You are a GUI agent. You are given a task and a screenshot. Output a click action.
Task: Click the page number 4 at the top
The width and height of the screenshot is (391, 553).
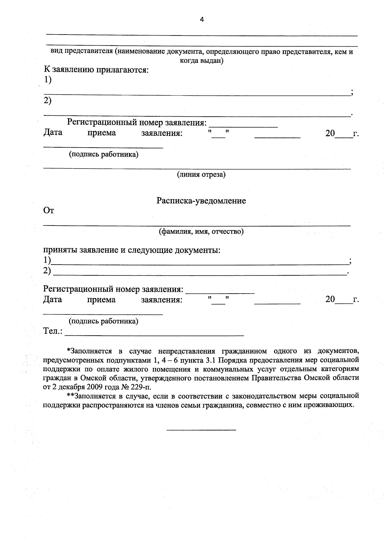pos(202,20)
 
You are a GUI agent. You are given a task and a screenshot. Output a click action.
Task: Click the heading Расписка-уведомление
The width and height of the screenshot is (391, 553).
pos(201,201)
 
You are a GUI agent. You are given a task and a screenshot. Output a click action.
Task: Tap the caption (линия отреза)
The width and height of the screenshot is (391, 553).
pos(201,175)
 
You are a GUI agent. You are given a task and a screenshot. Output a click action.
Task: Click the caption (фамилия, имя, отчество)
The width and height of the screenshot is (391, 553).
pos(201,232)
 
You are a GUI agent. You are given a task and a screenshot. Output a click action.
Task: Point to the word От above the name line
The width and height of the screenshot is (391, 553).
pos(49,211)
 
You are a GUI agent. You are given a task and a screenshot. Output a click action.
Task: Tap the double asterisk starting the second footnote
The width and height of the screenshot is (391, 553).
pos(70,396)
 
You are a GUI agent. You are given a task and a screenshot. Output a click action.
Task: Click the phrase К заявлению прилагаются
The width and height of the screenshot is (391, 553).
pos(96,70)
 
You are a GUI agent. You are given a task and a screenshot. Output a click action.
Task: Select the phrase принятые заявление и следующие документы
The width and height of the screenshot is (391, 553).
pos(132,250)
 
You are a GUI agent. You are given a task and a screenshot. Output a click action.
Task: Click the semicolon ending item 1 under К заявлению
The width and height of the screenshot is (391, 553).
pos(352,93)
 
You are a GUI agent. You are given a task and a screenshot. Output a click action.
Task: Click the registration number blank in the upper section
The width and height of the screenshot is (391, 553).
pos(243,126)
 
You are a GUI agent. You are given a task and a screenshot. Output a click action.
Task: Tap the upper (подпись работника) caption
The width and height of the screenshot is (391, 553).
pos(103,154)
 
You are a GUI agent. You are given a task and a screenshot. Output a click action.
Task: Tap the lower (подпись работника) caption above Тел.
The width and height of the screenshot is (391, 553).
pos(103,321)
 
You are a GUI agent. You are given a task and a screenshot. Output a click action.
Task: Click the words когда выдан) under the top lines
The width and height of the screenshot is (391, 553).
pos(202,61)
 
